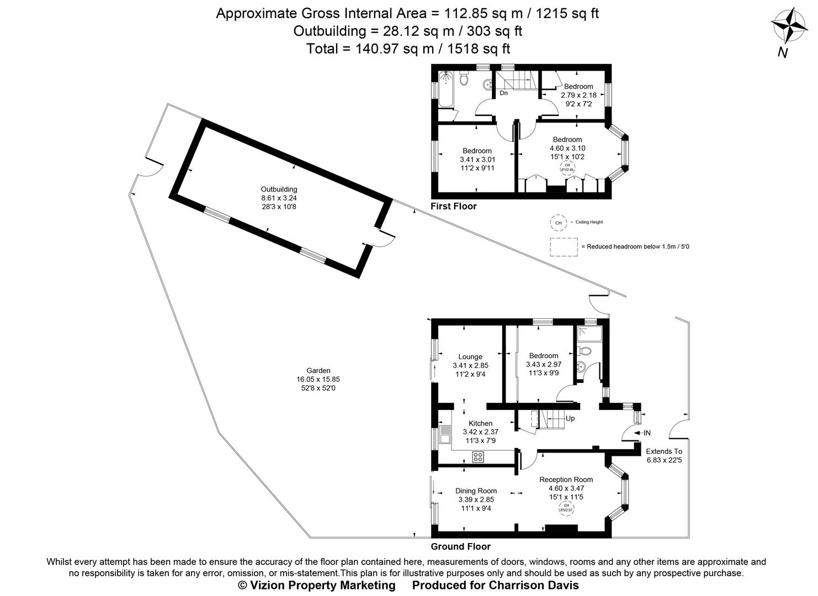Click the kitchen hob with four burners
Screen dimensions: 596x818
tap(478, 457)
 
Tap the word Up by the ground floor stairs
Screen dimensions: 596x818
tap(570, 418)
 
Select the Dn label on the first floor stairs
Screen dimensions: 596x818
tap(503, 93)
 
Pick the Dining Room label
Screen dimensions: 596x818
tap(476, 491)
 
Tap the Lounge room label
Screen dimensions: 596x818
tap(470, 357)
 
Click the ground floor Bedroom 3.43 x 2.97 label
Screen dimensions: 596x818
tap(544, 356)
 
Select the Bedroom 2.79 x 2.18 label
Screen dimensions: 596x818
tap(578, 87)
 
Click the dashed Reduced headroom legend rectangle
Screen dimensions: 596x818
tap(564, 247)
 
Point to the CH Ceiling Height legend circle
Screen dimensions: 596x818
tap(558, 222)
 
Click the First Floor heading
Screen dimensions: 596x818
tap(453, 206)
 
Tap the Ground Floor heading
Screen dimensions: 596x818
tap(460, 547)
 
